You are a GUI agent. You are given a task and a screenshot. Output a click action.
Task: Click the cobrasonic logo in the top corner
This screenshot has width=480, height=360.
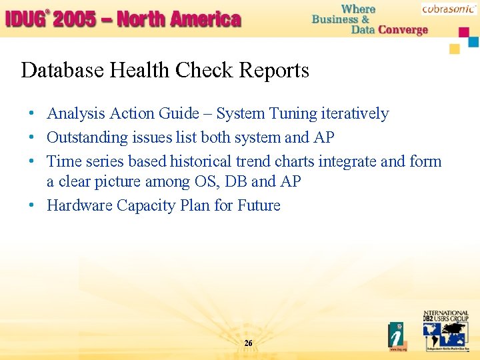(449, 9)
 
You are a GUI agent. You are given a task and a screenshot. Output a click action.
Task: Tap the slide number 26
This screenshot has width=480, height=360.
(248, 343)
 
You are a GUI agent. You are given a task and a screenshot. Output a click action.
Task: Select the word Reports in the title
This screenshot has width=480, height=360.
(278, 71)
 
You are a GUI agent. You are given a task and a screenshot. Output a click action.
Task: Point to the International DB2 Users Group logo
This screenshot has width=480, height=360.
(445, 331)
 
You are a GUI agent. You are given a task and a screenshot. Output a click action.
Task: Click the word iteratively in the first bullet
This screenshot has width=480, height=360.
(355, 114)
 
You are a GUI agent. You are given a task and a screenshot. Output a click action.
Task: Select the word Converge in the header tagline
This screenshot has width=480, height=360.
(403, 30)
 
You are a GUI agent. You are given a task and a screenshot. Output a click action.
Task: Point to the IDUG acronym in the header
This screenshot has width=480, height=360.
(25, 19)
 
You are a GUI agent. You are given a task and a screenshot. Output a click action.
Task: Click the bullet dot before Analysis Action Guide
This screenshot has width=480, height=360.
(32, 115)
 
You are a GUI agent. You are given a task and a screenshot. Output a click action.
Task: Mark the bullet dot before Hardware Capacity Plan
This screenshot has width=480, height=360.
(32, 206)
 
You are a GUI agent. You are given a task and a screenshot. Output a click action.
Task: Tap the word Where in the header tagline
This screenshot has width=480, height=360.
(359, 9)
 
